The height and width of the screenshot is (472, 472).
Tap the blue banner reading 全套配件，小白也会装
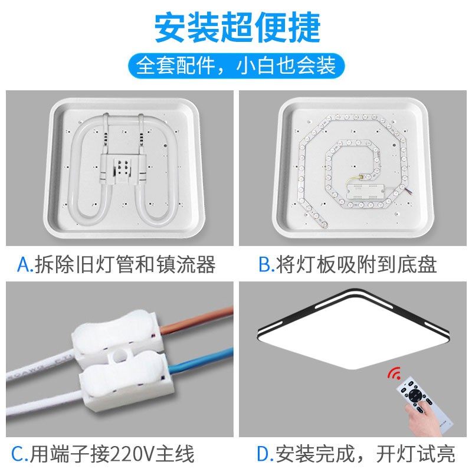coord(236,64)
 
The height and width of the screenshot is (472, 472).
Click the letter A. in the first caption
coord(25,264)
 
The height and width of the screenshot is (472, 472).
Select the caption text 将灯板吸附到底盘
coord(356,264)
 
